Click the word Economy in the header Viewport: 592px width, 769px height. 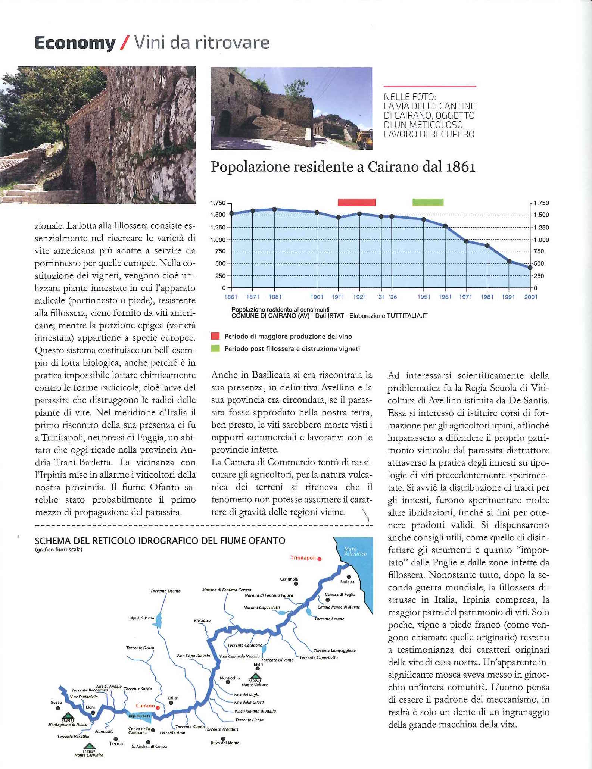click(75, 43)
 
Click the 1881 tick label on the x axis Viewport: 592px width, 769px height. click(275, 297)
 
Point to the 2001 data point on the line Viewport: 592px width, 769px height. click(530, 268)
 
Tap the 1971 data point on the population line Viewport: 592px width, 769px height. click(466, 241)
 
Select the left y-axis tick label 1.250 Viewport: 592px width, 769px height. click(218, 227)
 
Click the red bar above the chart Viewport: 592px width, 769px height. click(356, 202)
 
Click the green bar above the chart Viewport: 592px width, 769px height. click(428, 202)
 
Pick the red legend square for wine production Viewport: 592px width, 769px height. click(215, 336)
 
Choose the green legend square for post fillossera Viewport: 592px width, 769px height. click(215, 349)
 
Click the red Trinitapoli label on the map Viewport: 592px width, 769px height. click(303, 558)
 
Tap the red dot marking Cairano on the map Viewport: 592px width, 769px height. click(158, 707)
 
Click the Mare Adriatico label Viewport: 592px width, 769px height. click(355, 551)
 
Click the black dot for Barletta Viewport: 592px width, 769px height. click(349, 577)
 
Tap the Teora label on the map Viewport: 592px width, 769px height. click(116, 744)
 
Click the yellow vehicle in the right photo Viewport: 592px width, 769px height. click(364, 140)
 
